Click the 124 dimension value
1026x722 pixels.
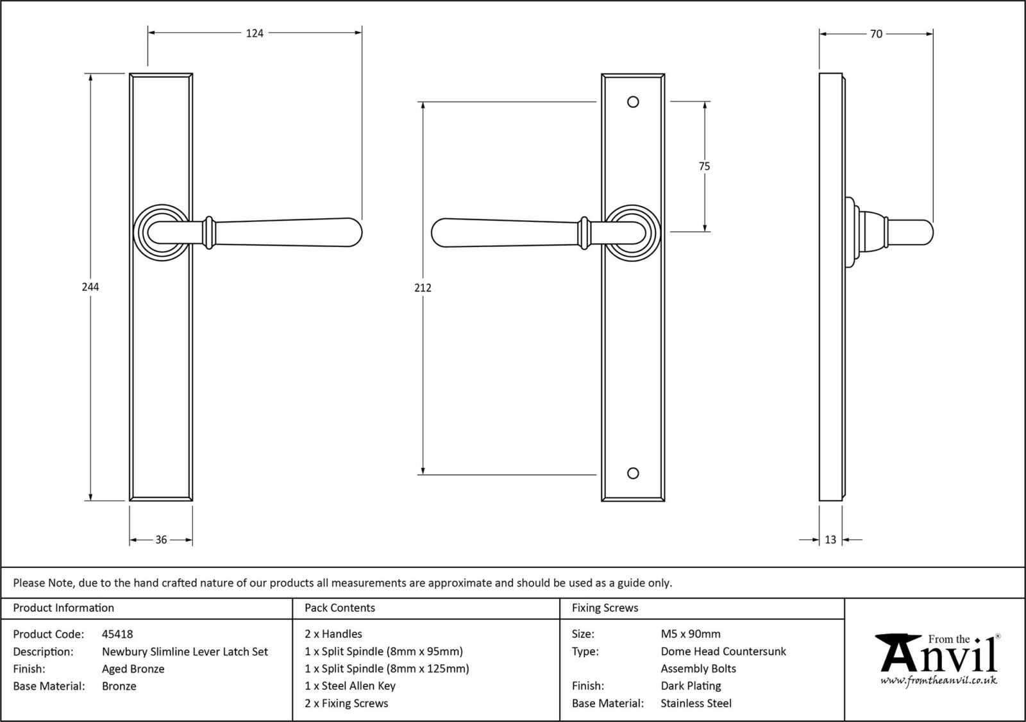(255, 33)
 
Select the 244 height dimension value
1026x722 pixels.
(90, 287)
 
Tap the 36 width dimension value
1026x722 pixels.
(161, 540)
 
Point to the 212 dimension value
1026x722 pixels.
(423, 288)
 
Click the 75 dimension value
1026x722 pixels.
(704, 166)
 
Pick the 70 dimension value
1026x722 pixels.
(876, 34)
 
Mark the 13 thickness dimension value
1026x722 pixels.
(830, 540)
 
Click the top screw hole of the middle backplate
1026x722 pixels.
(633, 102)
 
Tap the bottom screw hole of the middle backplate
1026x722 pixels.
(633, 474)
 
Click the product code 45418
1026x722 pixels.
(117, 634)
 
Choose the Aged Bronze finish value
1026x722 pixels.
(133, 669)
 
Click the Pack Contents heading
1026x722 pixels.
(340, 608)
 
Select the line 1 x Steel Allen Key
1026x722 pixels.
(350, 685)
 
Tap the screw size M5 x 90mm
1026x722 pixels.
(691, 634)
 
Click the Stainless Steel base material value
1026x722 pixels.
(696, 703)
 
